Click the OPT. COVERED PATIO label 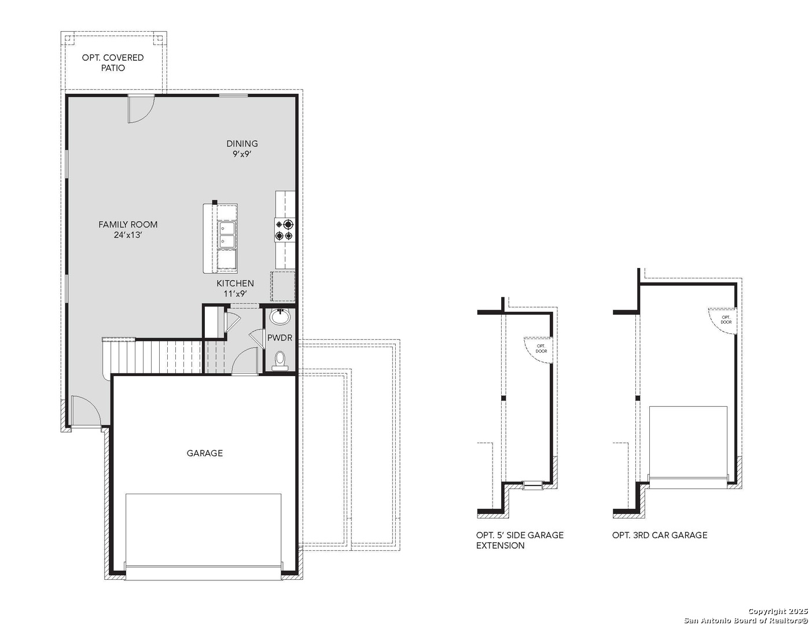pyautogui.click(x=113, y=62)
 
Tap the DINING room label pyautogui.click(x=242, y=144)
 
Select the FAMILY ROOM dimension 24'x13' pyautogui.click(x=128, y=235)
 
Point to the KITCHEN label pyautogui.click(x=235, y=283)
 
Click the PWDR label pyautogui.click(x=280, y=338)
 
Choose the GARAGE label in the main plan pyautogui.click(x=204, y=453)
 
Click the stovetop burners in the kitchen pyautogui.click(x=285, y=230)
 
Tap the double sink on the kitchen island pyautogui.click(x=227, y=235)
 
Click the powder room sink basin pyautogui.click(x=280, y=317)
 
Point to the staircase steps pyautogui.click(x=168, y=356)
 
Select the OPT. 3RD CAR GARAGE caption pyautogui.click(x=660, y=535)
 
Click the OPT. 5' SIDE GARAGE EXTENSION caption pyautogui.click(x=519, y=540)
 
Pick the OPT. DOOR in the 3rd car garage pyautogui.click(x=725, y=319)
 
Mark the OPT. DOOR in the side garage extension pyautogui.click(x=540, y=349)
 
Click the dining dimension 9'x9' pyautogui.click(x=242, y=155)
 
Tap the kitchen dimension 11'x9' pyautogui.click(x=235, y=293)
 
